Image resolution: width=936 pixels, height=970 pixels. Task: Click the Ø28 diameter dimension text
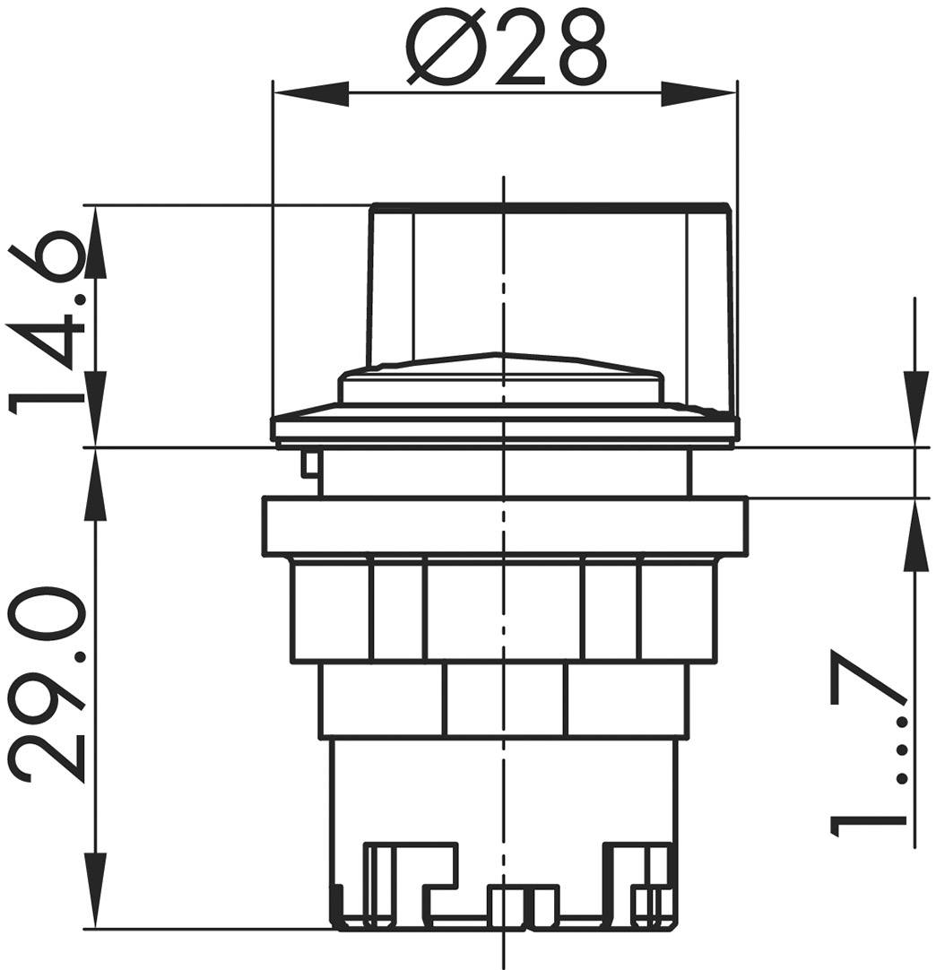tap(502, 48)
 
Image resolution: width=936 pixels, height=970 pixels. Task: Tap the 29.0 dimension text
tap(47, 686)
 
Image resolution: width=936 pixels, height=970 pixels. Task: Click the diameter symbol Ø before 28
tap(446, 48)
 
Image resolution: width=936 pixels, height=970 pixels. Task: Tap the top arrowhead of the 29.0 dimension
tap(96, 484)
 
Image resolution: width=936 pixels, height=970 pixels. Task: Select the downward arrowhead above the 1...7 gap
tap(914, 408)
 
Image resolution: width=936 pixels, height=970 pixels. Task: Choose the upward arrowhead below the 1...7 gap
tap(914, 535)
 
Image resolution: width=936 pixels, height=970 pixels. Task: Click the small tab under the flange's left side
tap(310, 463)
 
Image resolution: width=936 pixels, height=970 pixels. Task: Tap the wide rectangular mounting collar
tap(505, 526)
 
